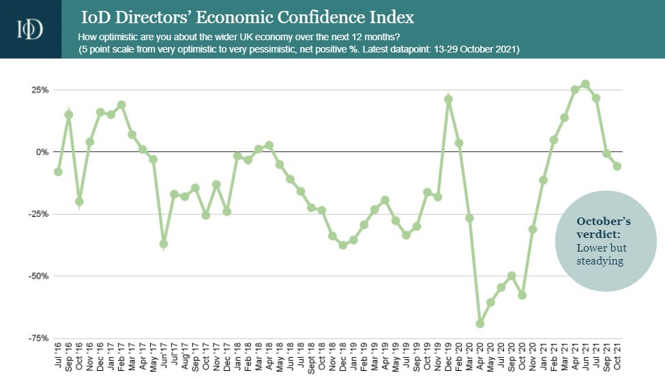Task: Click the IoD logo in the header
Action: [x=30, y=29]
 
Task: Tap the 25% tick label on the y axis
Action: [x=39, y=90]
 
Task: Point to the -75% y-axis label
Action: [x=38, y=338]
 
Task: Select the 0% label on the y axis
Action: [x=42, y=152]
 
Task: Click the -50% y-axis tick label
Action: [x=38, y=276]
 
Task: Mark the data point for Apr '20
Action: [x=479, y=324]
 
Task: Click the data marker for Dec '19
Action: [x=448, y=100]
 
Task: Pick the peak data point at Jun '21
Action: [x=585, y=84]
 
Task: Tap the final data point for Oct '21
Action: [x=617, y=166]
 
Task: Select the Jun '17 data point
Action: [x=164, y=244]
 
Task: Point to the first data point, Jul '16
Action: [x=58, y=172]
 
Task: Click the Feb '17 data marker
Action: [x=121, y=104]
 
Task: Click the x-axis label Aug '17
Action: [x=185, y=357]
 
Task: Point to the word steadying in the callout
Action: [x=600, y=261]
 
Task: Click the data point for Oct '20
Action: [x=522, y=295]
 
